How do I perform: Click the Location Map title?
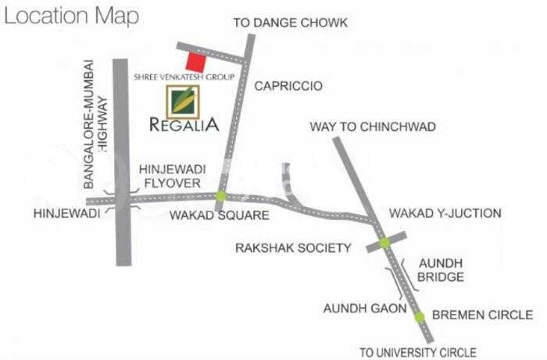click(x=72, y=16)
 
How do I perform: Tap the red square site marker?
click(x=195, y=62)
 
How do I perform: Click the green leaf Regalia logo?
click(x=183, y=101)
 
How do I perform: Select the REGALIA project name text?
click(x=184, y=125)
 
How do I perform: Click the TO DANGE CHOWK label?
click(x=290, y=23)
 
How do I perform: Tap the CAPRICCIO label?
click(x=288, y=86)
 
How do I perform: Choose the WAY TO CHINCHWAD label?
click(x=373, y=127)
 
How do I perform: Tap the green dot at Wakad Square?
click(x=221, y=196)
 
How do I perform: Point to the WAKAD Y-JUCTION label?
click(x=445, y=213)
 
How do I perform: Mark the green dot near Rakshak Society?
click(x=384, y=243)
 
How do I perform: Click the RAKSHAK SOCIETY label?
click(x=293, y=248)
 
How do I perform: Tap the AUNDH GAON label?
click(x=365, y=308)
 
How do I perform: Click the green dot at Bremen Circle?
click(x=419, y=316)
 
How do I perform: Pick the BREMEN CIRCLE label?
click(x=482, y=315)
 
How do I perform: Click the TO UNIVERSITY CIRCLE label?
click(x=417, y=352)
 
